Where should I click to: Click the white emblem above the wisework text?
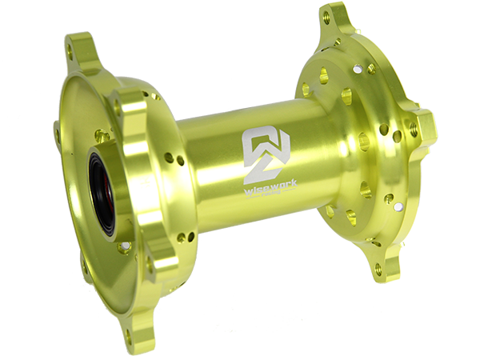point(260,146)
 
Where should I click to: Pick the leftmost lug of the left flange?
point(58,132)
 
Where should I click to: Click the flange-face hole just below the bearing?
point(123,248)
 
